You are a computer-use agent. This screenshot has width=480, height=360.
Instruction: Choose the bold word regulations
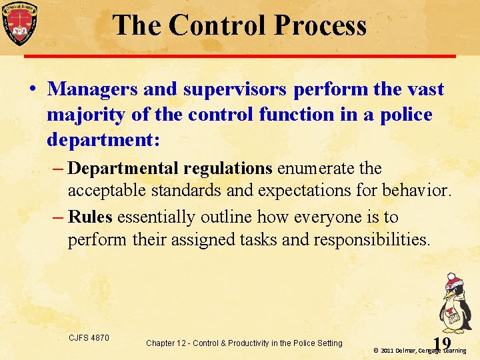tap(226, 167)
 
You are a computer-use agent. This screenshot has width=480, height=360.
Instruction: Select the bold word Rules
tap(90, 217)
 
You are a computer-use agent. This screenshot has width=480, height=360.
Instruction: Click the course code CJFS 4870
tap(89, 338)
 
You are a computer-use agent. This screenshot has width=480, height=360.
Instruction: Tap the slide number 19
tap(441, 343)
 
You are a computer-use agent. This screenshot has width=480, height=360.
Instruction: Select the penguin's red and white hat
tap(454, 280)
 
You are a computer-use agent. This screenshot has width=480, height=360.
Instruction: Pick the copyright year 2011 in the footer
tap(390, 351)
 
